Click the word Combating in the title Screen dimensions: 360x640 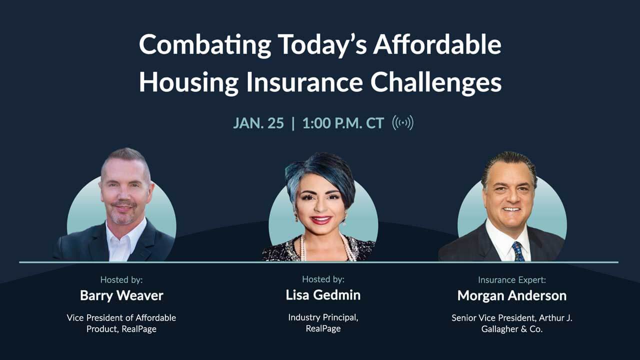point(205,45)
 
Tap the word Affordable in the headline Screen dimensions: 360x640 point(437,45)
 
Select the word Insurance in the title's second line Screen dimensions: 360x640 point(304,82)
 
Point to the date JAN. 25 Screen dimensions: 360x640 point(258,123)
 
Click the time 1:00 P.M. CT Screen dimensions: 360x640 point(343,123)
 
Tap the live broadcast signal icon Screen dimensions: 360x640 point(402,122)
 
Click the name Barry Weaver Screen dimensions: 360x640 point(121,295)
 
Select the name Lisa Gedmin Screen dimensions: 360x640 point(323,295)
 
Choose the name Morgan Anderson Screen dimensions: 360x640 point(512,295)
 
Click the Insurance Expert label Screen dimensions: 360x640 point(511,280)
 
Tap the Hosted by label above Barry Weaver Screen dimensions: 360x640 point(121,280)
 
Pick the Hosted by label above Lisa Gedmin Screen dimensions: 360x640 point(323,279)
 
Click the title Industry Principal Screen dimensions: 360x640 point(323,317)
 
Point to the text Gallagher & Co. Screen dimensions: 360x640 point(512,329)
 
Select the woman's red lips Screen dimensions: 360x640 point(320,219)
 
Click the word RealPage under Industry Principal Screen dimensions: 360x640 point(323,328)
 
